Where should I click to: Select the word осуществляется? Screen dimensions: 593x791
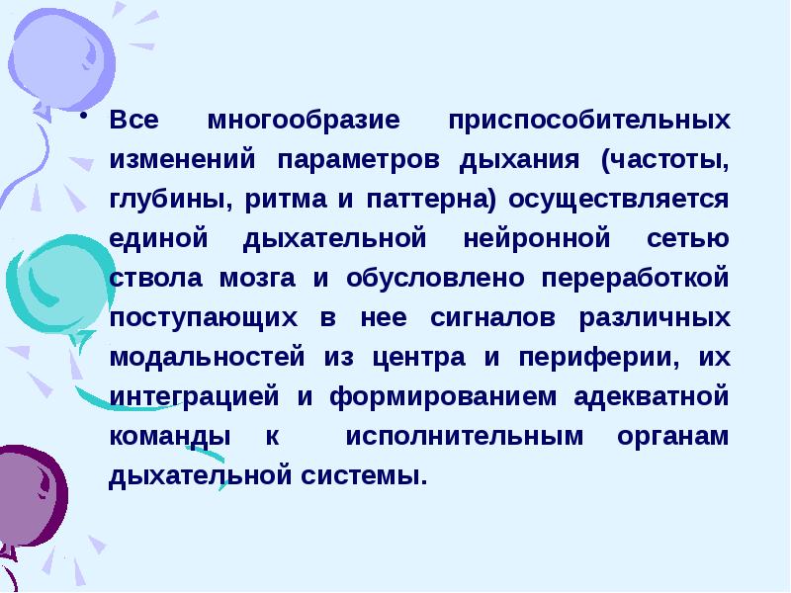620,200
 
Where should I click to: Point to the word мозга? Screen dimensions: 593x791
260,279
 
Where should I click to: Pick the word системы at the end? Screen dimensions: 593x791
380,475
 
